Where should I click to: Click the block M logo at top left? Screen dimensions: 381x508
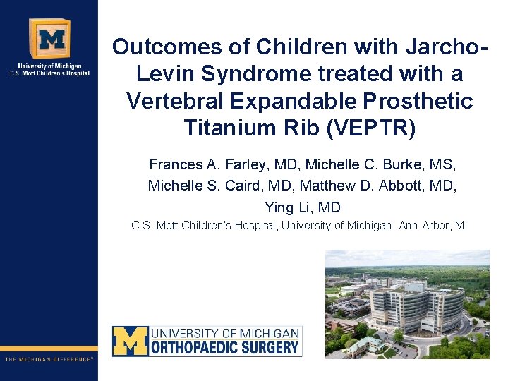49,39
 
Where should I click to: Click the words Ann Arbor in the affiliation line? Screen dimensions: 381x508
425,226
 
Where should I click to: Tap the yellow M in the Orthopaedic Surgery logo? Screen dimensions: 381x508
130,341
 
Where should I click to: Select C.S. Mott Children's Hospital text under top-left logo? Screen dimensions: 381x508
49,73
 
